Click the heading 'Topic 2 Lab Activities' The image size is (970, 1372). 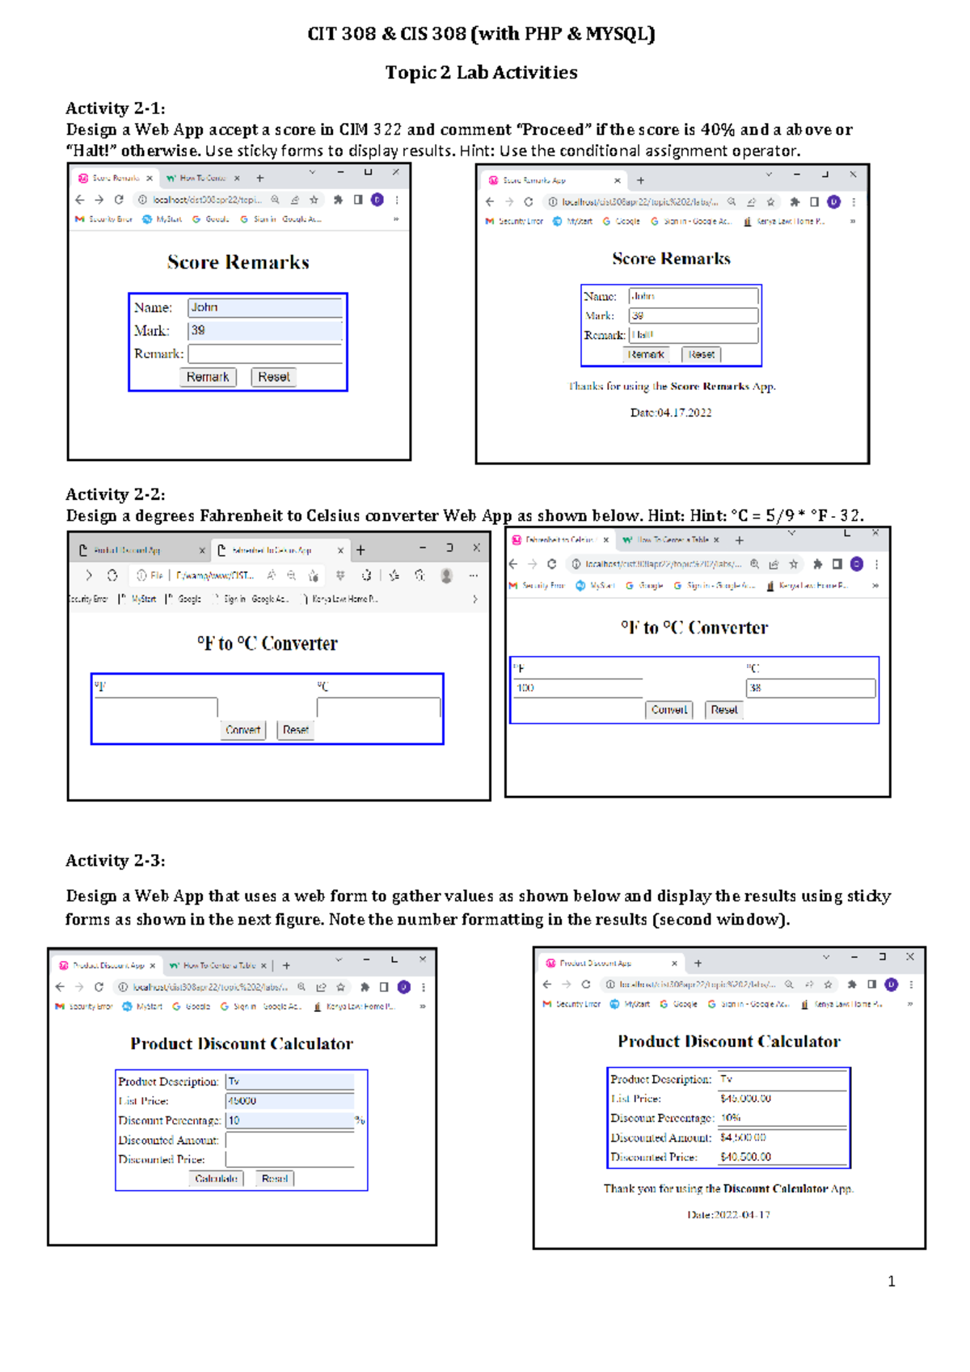481,73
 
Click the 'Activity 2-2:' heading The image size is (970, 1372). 116,494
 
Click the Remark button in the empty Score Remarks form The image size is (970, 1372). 208,377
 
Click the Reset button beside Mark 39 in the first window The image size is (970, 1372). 274,377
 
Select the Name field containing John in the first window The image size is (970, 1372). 264,307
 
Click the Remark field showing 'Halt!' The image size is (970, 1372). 693,335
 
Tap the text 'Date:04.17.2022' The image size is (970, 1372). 671,413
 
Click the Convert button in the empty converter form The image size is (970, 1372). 242,730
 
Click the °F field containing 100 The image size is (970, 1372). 578,688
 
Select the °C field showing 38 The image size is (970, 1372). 810,688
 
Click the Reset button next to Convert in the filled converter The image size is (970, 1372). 724,710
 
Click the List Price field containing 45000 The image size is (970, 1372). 289,1101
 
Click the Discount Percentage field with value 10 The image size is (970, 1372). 289,1120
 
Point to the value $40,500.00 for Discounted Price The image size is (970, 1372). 745,1157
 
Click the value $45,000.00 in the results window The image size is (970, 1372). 745,1099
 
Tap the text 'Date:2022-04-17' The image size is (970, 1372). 728,1215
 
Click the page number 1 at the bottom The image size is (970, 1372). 891,1281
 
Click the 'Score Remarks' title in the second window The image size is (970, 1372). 671,259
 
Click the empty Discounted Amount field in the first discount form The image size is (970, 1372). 289,1140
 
